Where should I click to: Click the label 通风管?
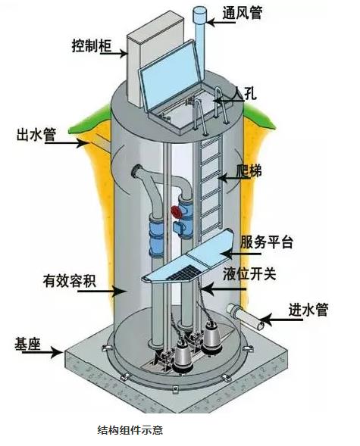[x=243, y=12]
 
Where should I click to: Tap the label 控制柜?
[x=92, y=45]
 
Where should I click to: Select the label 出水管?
[x=36, y=135]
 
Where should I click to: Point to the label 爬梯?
[x=249, y=171]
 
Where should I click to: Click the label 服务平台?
[x=267, y=242]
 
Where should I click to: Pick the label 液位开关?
[x=249, y=273]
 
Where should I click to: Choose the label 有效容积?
[x=70, y=280]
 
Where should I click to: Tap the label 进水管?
[x=308, y=310]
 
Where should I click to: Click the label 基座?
[x=27, y=344]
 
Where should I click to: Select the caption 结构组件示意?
[x=130, y=430]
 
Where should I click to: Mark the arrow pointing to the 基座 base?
[x=42, y=353]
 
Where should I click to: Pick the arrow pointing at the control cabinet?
[x=113, y=53]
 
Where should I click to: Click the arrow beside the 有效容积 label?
[x=102, y=291]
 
